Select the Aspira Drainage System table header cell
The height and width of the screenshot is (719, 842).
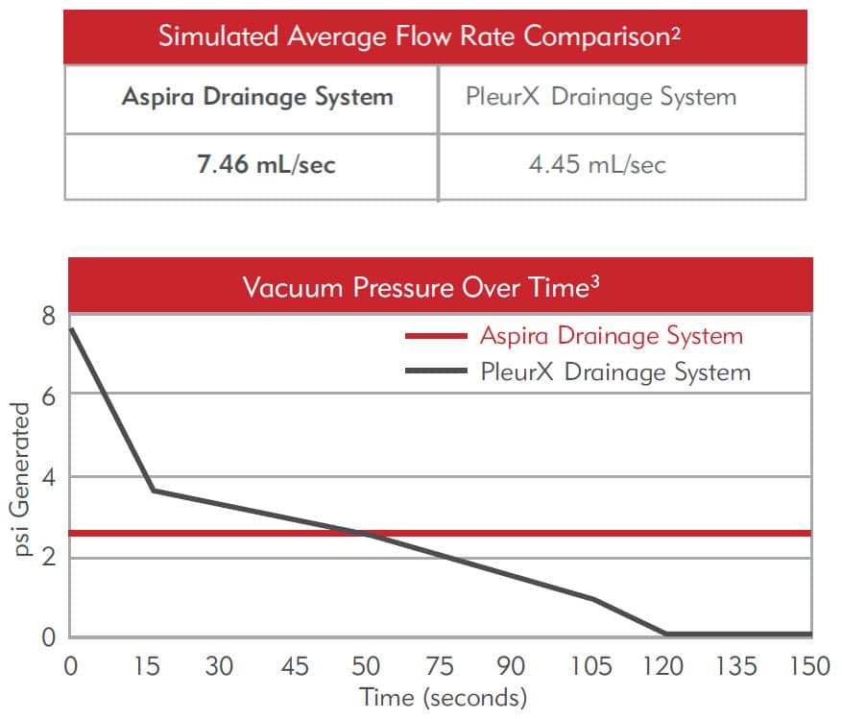point(257,97)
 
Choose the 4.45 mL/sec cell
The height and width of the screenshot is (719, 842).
point(597,164)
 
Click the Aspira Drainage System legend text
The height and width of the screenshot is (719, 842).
point(612,336)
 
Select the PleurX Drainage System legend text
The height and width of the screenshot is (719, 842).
point(615,371)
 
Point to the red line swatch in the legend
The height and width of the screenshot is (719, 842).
point(437,337)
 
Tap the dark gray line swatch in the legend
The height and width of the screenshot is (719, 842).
point(437,371)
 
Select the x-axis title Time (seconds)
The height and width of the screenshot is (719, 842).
point(444,697)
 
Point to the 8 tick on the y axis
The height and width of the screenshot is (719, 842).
point(47,315)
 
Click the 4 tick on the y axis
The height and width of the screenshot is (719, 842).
point(47,476)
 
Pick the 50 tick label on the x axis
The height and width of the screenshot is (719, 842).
point(367,665)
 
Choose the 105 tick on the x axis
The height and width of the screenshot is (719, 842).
point(589,665)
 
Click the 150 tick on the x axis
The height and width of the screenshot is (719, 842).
point(811,665)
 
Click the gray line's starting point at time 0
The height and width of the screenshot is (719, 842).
point(71,329)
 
